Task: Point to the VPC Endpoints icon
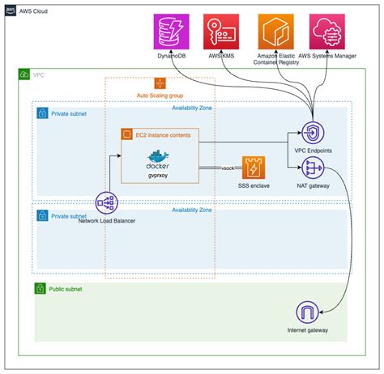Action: (312, 133)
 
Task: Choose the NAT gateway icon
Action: (312, 169)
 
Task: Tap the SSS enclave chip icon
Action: (254, 168)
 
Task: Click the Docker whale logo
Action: (159, 157)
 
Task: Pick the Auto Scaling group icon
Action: (160, 83)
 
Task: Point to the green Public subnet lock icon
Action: (40, 287)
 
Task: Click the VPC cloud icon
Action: (24, 74)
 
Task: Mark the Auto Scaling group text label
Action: (160, 96)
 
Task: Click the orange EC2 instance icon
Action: (126, 134)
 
